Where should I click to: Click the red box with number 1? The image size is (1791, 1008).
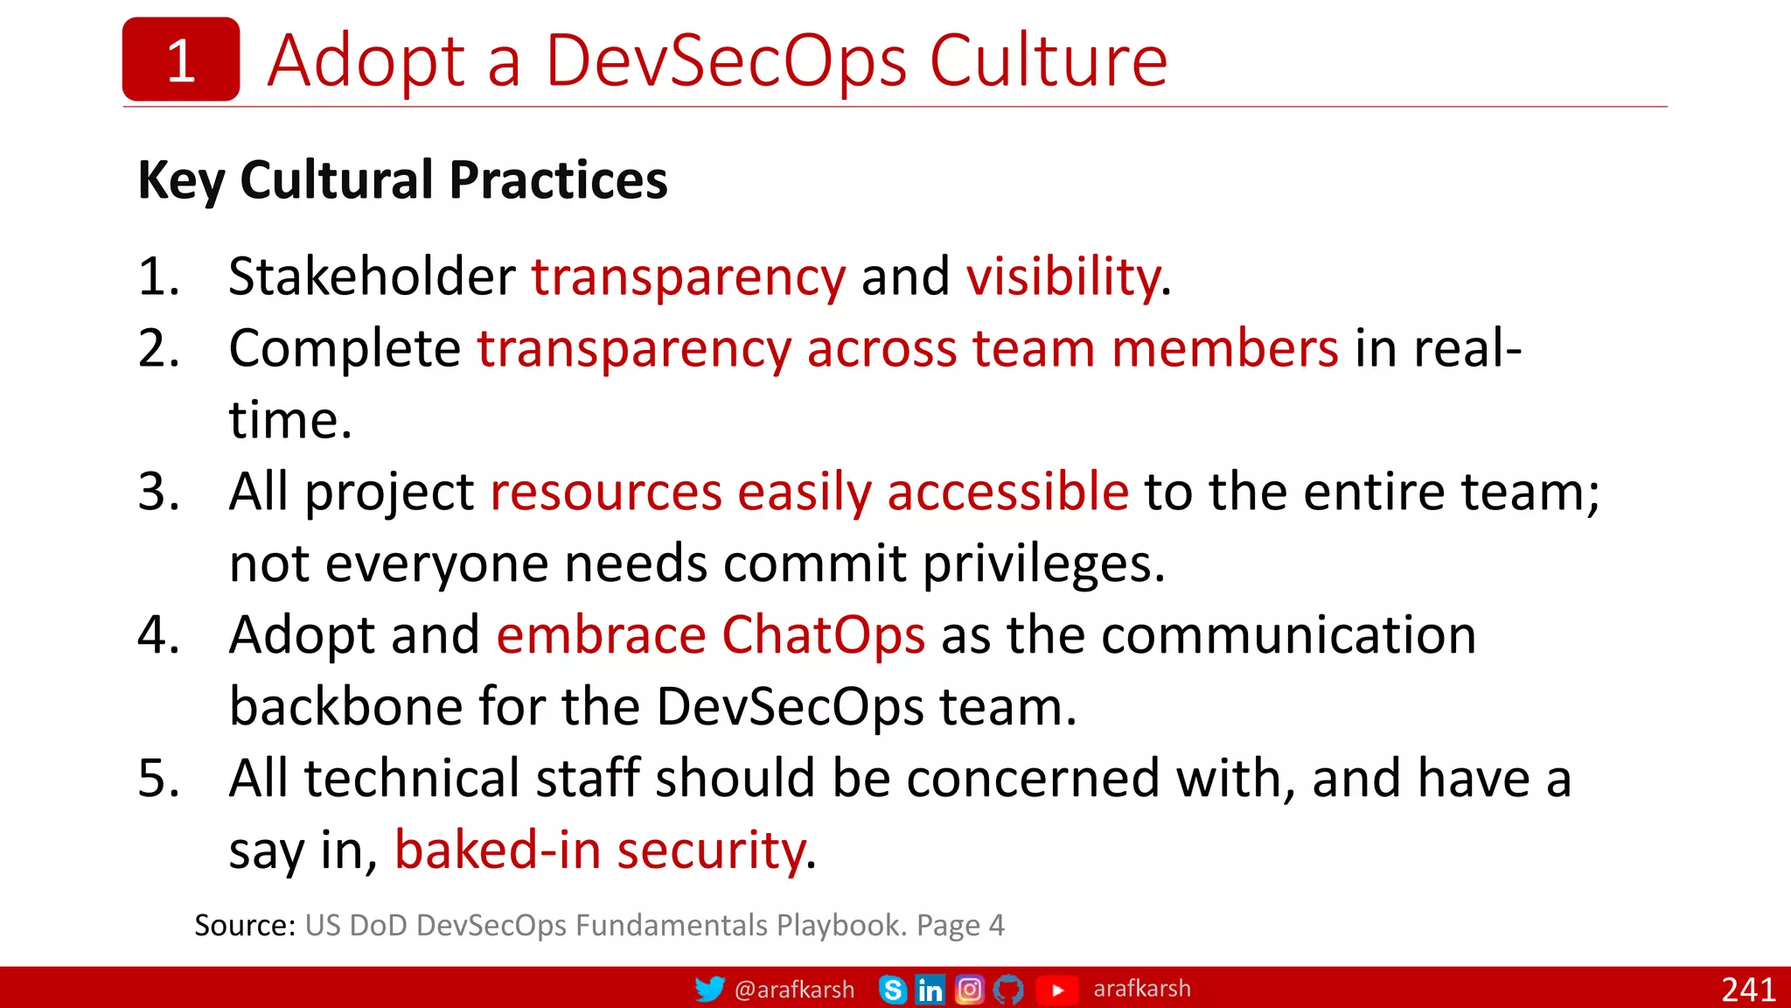point(180,59)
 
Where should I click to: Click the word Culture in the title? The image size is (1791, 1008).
point(1047,61)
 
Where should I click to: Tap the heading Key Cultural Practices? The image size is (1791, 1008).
point(402,180)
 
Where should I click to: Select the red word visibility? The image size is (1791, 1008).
point(1063,277)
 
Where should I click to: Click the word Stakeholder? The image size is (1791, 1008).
point(372,277)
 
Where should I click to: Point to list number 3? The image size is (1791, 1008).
point(158,492)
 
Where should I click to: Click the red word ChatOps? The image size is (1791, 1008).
point(823,635)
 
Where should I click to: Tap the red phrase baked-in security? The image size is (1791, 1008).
point(600,850)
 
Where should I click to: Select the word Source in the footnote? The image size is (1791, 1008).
point(244,926)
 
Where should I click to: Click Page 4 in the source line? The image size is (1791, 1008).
point(960,926)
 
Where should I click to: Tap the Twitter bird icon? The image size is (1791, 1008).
point(709,989)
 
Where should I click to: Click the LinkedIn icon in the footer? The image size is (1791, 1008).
point(930,990)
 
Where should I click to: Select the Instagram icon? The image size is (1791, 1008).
point(969,990)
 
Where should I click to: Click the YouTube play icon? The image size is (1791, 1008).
point(1057,990)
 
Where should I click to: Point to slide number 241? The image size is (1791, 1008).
point(1747,990)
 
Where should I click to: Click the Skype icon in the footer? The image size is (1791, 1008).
point(892,990)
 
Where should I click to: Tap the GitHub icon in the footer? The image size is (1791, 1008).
point(1008,990)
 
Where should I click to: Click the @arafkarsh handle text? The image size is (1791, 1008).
point(794,990)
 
